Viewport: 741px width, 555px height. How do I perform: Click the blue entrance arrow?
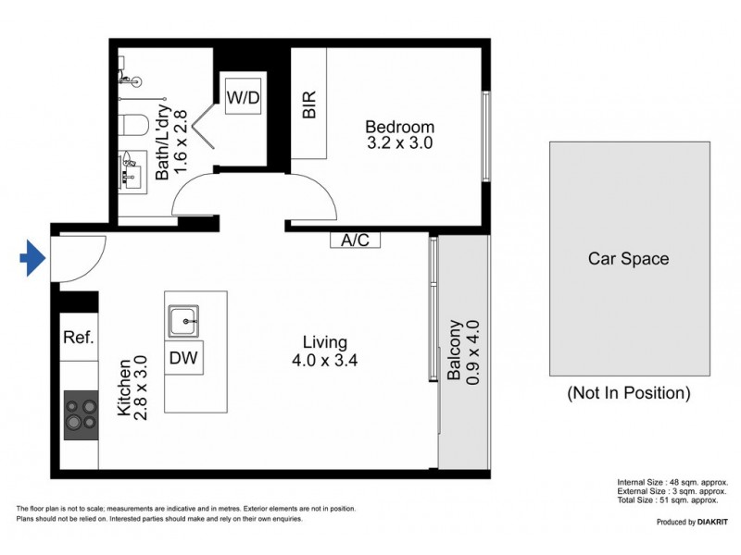click(33, 258)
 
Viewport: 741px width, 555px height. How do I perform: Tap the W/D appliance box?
click(245, 94)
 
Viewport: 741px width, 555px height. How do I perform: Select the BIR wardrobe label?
click(309, 104)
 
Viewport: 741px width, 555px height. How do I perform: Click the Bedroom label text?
click(399, 127)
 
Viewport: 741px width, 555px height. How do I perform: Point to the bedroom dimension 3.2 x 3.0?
click(399, 143)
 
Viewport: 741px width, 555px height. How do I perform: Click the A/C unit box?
click(355, 240)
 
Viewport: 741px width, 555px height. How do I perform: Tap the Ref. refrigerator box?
click(79, 338)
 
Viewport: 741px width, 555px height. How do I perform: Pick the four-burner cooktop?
click(80, 413)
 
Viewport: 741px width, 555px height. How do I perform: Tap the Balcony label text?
click(455, 351)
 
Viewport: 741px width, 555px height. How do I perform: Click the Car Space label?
click(628, 259)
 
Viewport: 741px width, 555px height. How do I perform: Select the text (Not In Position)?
click(628, 393)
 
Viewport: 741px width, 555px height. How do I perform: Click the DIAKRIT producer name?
click(709, 523)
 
